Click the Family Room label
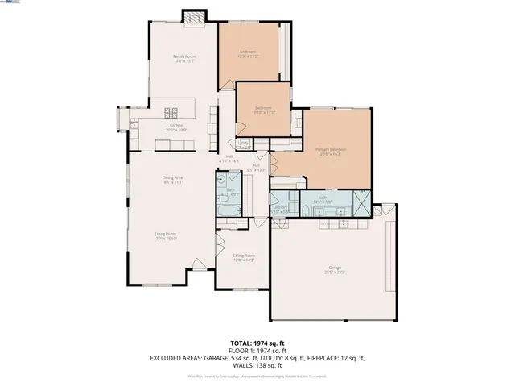tap(184, 58)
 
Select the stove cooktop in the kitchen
tap(171, 112)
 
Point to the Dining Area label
tap(173, 180)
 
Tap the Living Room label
tap(165, 236)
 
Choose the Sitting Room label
tap(244, 257)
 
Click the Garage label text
tap(335, 269)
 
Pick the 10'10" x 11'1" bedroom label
tap(264, 110)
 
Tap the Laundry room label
tap(280, 209)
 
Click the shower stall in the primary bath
tap(363, 205)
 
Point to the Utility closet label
tap(243, 144)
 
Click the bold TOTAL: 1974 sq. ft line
tap(257, 342)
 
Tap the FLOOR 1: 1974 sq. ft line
tap(257, 350)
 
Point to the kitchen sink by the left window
tap(134, 123)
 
